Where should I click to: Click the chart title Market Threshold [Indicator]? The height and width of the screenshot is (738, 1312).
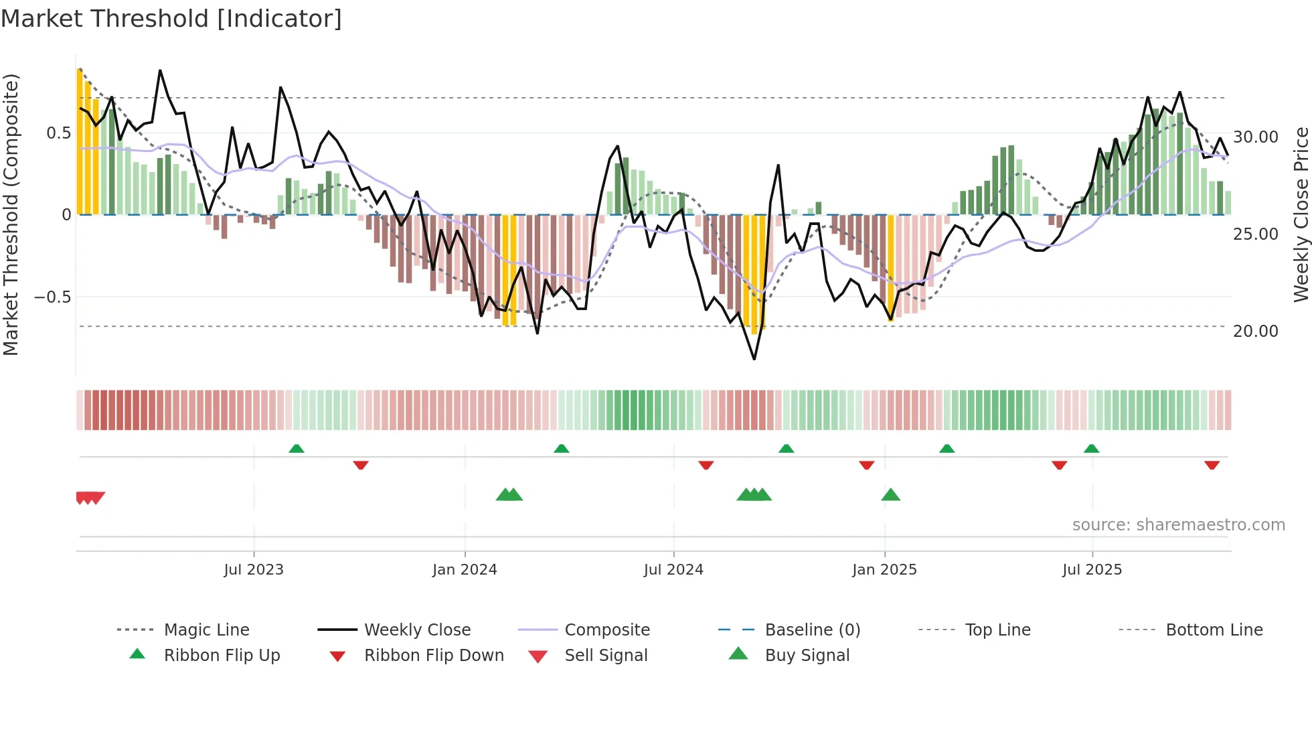(171, 19)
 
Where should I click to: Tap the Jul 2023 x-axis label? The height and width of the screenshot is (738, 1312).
(254, 570)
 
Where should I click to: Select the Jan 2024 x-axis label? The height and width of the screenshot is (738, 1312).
(465, 570)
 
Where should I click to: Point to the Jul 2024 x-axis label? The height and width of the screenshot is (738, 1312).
(673, 570)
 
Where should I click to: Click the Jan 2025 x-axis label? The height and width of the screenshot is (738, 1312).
(884, 570)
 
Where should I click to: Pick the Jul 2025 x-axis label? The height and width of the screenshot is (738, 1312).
(1092, 570)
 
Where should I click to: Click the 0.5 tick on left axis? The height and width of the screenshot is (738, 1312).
(59, 133)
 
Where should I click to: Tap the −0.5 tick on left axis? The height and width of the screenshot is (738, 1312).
(53, 297)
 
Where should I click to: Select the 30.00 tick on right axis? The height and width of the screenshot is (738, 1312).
(1256, 137)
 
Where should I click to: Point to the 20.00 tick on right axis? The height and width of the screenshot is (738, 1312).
(1256, 331)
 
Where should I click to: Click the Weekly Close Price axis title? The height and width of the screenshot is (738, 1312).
(1301, 214)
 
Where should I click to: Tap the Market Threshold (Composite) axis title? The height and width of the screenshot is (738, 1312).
(11, 214)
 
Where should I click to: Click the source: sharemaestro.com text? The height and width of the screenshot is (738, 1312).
(1178, 525)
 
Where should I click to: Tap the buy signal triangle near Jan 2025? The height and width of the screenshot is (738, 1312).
(890, 495)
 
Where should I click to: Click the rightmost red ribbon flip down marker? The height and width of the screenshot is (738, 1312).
(1212, 465)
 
